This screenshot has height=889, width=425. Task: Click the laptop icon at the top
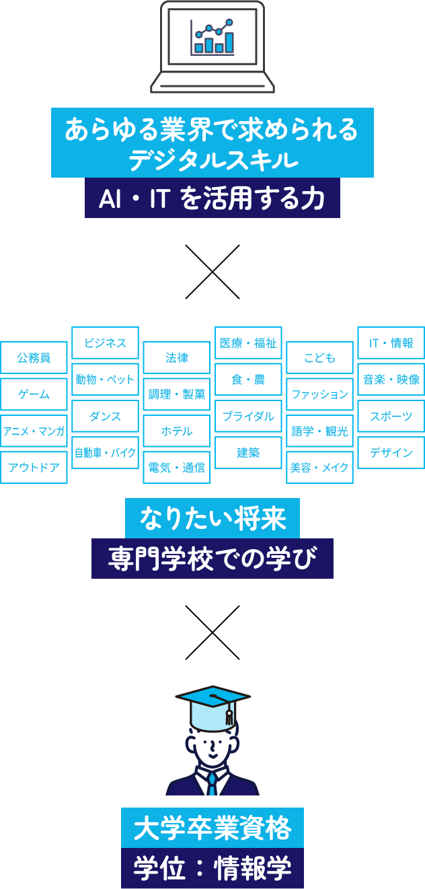[x=212, y=46]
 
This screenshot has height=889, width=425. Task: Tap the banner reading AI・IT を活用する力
[x=212, y=199]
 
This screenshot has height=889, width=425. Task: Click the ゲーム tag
[x=34, y=394]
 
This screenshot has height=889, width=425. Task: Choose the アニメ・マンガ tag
[x=34, y=431]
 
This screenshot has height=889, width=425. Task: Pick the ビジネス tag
[x=106, y=343]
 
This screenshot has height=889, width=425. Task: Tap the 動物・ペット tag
[x=106, y=380]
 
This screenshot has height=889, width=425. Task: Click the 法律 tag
[x=177, y=358]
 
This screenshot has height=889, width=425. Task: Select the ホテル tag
[x=177, y=431]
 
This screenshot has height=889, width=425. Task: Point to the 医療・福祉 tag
[x=248, y=343]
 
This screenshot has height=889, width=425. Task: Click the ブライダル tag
[x=248, y=417]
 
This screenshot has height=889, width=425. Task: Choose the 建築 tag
[x=248, y=453]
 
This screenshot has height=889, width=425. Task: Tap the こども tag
[x=319, y=358]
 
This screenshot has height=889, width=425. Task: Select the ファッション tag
[x=319, y=394]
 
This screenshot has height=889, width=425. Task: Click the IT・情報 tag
[x=391, y=343]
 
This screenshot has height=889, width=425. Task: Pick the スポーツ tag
[x=391, y=417]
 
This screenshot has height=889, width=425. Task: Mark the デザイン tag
[x=391, y=453]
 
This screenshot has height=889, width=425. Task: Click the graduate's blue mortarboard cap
[x=212, y=700]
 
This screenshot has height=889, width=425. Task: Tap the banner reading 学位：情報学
[x=212, y=869]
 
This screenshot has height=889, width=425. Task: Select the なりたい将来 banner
[x=212, y=519]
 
